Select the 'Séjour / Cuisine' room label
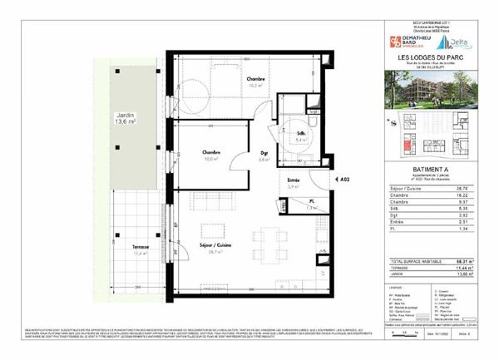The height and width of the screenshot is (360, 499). coord(214,257)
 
